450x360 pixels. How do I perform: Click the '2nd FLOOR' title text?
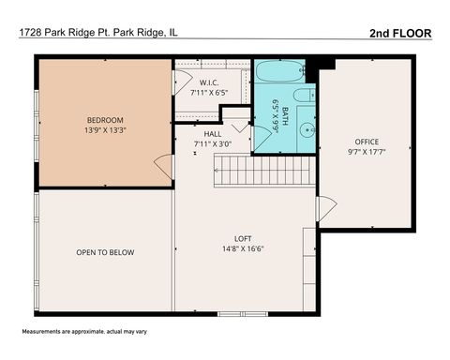(400, 33)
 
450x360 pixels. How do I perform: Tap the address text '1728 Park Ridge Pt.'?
(63, 33)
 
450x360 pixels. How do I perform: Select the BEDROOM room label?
(104, 120)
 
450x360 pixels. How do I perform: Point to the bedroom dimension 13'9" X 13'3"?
(104, 129)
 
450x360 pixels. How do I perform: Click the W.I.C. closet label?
(210, 83)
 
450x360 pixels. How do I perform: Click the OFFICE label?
(367, 142)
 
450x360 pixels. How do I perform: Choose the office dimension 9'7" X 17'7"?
(367, 151)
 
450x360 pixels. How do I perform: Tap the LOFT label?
(243, 238)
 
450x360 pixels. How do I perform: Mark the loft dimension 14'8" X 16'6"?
(243, 248)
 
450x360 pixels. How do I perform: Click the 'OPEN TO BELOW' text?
(105, 253)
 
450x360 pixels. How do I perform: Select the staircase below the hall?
(263, 170)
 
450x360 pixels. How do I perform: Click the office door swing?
(326, 209)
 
